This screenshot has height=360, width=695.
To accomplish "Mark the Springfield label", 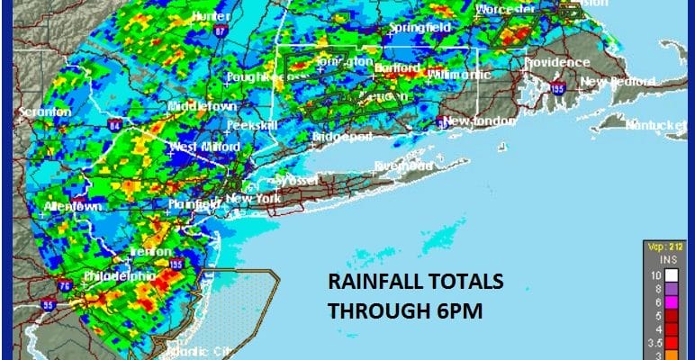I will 419,28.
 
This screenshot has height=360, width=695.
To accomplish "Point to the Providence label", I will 557,62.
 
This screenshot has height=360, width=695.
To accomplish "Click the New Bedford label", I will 612,80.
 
